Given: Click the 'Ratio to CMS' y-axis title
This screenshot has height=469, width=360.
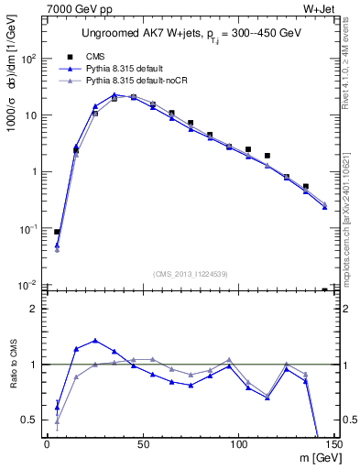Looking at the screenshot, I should pyautogui.click(x=13, y=365).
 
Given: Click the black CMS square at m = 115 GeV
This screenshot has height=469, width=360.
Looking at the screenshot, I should pyautogui.click(x=267, y=156).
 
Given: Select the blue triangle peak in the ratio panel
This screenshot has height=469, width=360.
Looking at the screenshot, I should pyautogui.click(x=95, y=341).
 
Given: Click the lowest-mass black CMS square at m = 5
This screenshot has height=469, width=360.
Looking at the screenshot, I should pyautogui.click(x=57, y=233).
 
